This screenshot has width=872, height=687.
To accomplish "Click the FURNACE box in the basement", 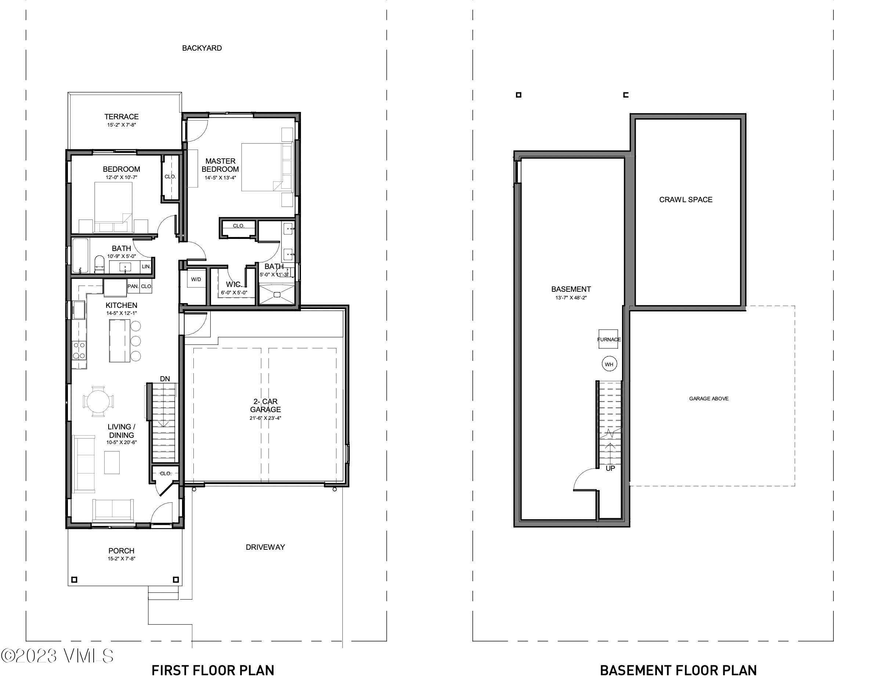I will click(608, 339).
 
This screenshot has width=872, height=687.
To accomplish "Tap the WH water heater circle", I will click(609, 364).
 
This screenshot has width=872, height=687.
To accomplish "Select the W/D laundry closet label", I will click(196, 279).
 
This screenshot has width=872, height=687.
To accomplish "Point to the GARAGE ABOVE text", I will click(709, 399).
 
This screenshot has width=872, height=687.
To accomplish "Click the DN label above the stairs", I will click(165, 379).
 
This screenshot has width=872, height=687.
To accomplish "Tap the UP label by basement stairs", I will click(610, 469).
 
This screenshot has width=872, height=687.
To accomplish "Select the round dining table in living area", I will click(99, 401).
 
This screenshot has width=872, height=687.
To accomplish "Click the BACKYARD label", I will click(202, 48).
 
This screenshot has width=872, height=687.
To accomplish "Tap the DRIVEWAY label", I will click(265, 547).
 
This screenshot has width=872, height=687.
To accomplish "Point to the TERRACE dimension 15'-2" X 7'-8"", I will click(121, 125).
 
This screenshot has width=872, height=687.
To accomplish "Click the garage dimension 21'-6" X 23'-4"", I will click(265, 418).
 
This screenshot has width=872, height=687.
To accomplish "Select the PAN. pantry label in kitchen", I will click(133, 286).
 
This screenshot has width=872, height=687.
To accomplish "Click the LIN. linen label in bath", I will click(146, 266).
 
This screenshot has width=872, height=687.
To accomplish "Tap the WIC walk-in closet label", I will click(233, 284).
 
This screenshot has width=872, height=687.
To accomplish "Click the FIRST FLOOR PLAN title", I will click(213, 670).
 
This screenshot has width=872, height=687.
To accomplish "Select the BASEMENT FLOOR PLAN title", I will click(678, 670).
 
